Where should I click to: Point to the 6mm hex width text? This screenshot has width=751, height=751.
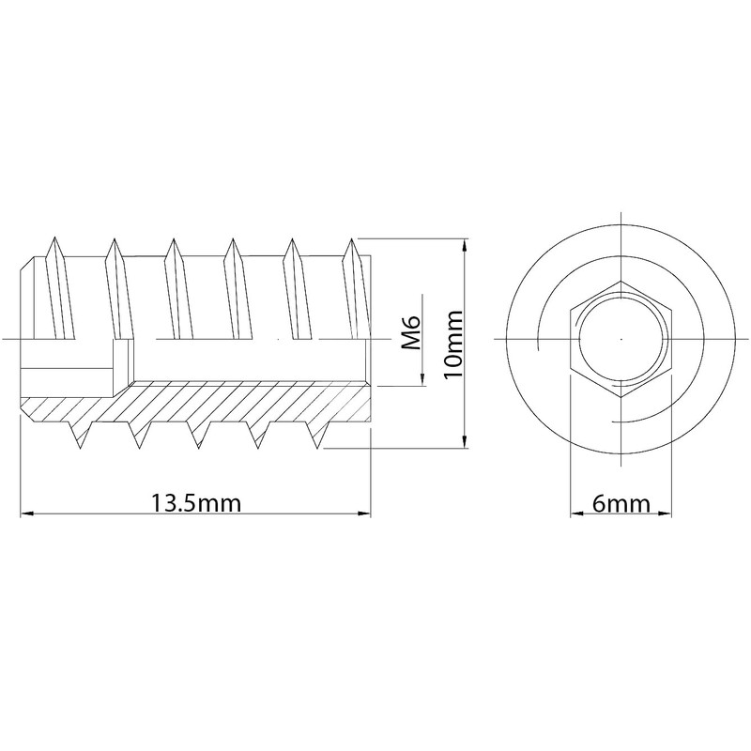click(x=622, y=503)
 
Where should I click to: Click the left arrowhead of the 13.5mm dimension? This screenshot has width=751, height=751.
click(x=27, y=513)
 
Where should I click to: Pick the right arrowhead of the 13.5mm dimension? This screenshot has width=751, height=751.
click(x=365, y=513)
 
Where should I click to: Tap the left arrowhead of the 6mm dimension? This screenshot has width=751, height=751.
click(x=576, y=513)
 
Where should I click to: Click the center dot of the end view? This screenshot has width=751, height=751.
click(x=621, y=338)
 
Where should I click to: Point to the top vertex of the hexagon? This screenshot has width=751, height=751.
click(x=621, y=280)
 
